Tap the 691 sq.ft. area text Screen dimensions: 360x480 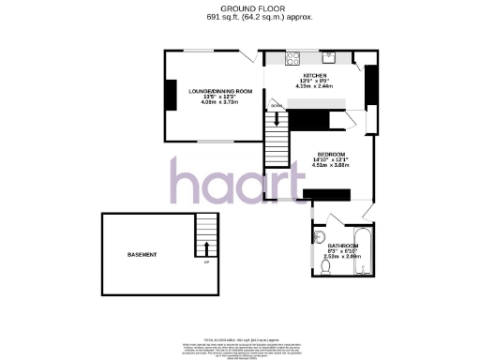(240, 17)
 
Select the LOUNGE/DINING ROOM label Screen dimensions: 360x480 (220, 91)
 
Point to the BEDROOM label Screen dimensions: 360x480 (332, 154)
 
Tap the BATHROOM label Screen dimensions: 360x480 (341, 246)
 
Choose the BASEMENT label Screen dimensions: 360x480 (142, 254)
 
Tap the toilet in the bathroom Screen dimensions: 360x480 (324, 268)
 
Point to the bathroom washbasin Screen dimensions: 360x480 (320, 234)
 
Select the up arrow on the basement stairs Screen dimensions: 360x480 (204, 247)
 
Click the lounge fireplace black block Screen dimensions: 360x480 (170, 96)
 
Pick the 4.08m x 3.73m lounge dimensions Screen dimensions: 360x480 (220, 103)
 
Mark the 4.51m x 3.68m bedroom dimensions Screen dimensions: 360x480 (332, 166)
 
